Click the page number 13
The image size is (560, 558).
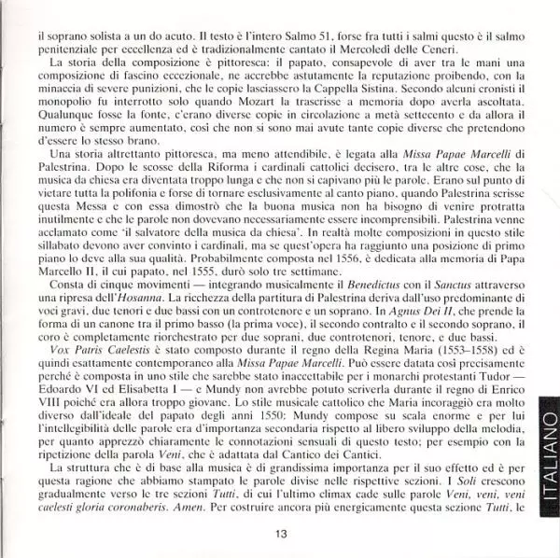(280, 533)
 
